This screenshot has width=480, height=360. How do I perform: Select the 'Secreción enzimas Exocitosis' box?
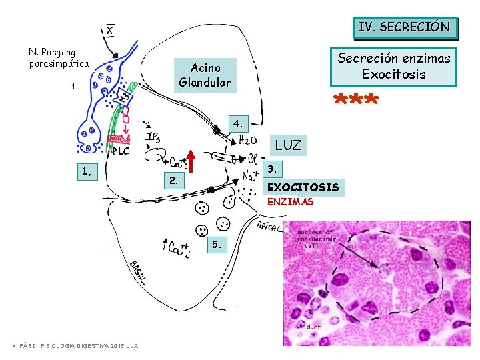pyautogui.click(x=394, y=66)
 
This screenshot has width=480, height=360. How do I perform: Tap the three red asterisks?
pyautogui.click(x=355, y=101)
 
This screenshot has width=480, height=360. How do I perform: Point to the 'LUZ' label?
pyautogui.click(x=288, y=145)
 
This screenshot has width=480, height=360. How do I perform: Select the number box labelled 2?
pyautogui.click(x=173, y=180)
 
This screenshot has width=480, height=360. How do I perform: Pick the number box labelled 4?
pyautogui.click(x=238, y=123)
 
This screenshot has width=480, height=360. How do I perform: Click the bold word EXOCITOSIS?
pyautogui.click(x=303, y=187)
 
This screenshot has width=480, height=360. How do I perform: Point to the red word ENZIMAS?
pyautogui.click(x=290, y=202)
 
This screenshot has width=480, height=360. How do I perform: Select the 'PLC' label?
pyautogui.click(x=120, y=151)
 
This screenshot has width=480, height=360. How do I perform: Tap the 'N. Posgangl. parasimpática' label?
pyautogui.click(x=59, y=57)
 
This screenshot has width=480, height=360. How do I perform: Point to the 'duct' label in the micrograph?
pyautogui.click(x=313, y=327)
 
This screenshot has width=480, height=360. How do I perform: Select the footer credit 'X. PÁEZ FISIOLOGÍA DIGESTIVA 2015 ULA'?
pyautogui.click(x=75, y=345)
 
